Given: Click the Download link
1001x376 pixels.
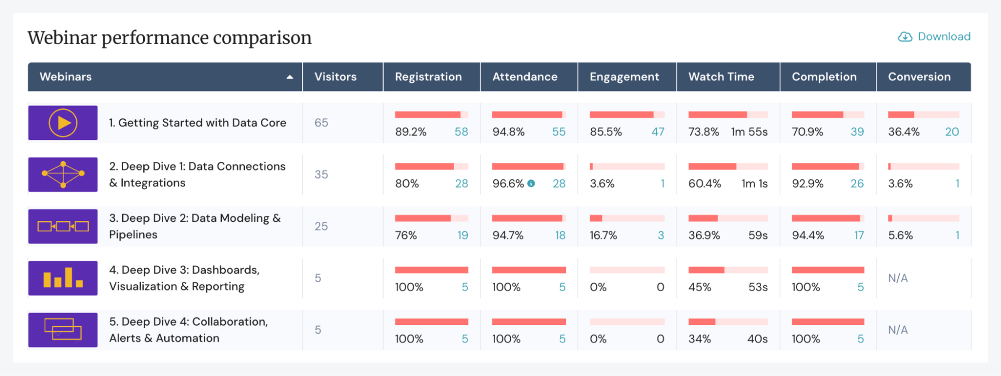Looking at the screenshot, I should (934, 36).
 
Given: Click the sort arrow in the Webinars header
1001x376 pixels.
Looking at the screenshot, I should (289, 77).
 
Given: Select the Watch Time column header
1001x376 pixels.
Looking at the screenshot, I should (721, 76).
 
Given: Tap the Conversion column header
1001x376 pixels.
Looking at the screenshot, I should (919, 76).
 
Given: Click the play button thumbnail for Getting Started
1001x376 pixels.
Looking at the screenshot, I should (63, 122).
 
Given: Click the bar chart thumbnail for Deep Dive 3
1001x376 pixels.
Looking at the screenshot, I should (63, 278).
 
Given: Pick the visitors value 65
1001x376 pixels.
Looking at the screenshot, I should (321, 122).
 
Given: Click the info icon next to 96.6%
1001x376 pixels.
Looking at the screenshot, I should (531, 183).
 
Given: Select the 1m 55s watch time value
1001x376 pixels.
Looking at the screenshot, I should (749, 132).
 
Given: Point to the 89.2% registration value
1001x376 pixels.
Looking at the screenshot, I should (411, 132).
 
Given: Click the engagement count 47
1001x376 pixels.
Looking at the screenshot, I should (657, 132).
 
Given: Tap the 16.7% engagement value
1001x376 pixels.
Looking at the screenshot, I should (603, 235).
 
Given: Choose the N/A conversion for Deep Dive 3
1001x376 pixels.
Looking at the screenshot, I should (898, 278).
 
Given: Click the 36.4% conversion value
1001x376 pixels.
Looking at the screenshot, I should (903, 132).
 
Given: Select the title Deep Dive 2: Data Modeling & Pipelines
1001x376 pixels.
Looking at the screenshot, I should (195, 226).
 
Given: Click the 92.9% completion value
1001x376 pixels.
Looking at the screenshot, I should (807, 183).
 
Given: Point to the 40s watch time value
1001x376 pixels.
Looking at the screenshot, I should (757, 339).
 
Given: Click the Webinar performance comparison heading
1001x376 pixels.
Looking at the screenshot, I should (170, 37).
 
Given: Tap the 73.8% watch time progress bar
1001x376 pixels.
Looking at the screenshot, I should (728, 114).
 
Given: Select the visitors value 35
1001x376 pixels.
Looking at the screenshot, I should (321, 174).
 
